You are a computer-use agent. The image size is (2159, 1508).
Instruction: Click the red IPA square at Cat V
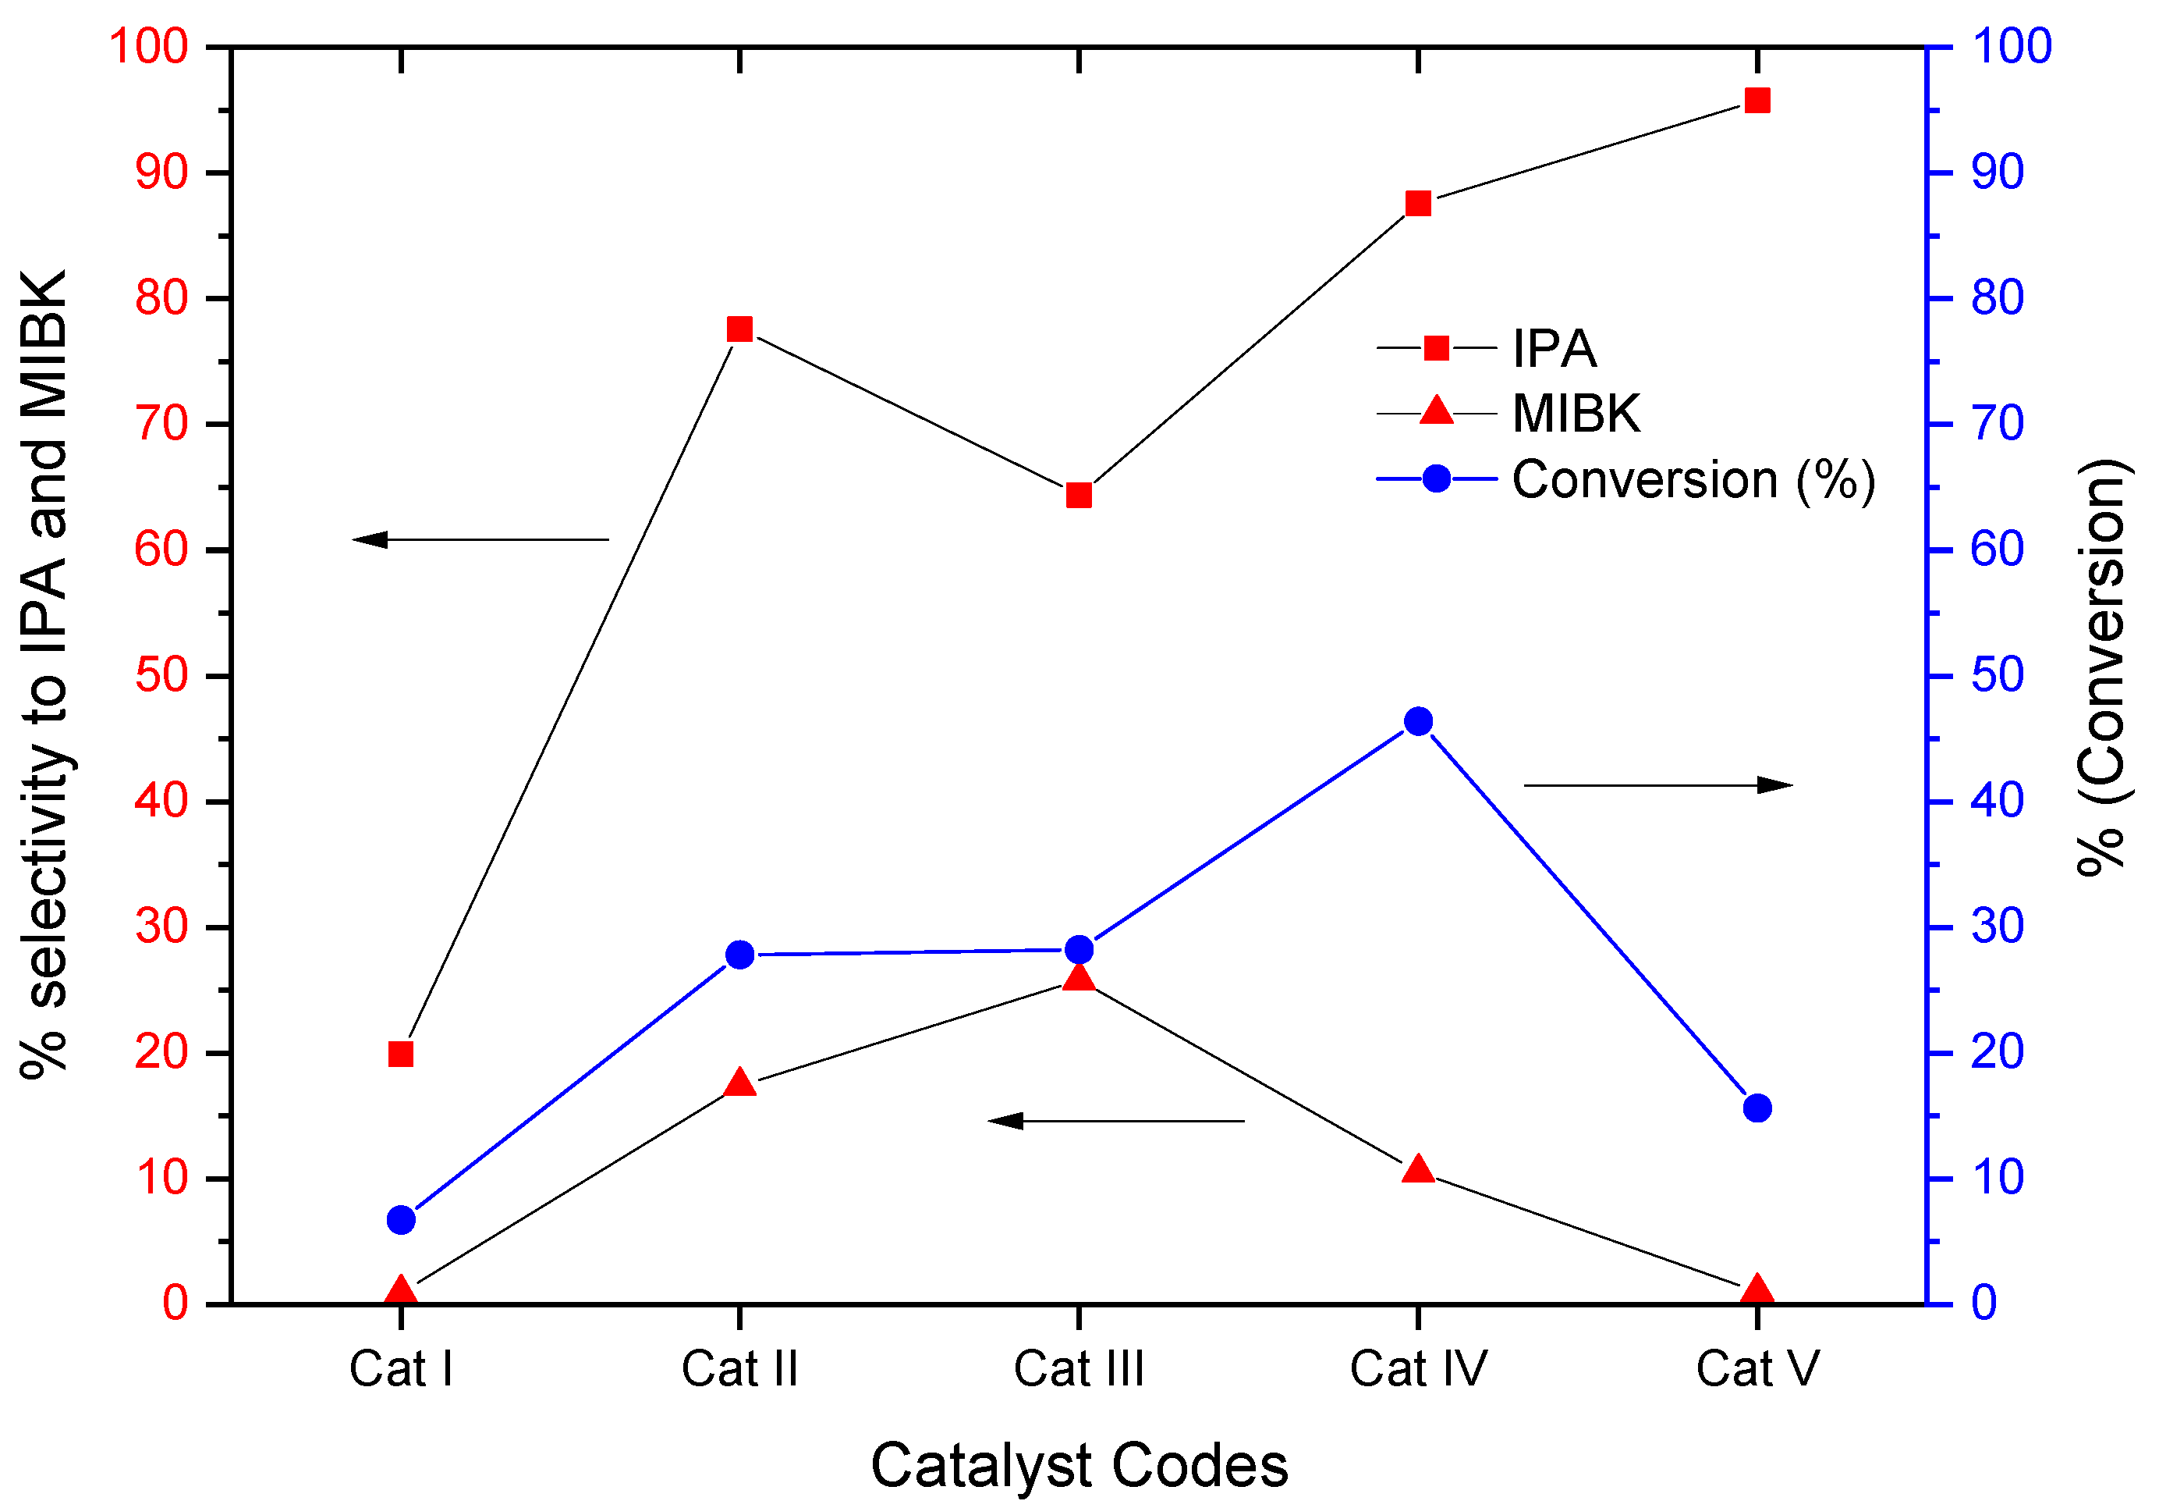(1757, 101)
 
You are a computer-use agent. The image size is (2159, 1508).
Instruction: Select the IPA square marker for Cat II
(739, 329)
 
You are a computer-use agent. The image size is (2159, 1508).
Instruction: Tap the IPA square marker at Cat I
(401, 1054)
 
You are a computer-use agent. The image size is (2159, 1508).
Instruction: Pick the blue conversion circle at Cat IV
(1418, 721)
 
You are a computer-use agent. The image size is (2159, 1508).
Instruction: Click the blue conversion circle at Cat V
(1757, 1108)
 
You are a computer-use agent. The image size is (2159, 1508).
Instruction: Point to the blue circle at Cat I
(401, 1220)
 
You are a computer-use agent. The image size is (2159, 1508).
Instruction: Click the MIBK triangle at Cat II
(739, 1083)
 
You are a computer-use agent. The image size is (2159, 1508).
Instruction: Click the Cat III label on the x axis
(1079, 1369)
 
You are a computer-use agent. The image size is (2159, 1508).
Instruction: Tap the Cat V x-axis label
(1757, 1369)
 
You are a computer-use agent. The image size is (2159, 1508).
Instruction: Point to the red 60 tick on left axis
(161, 550)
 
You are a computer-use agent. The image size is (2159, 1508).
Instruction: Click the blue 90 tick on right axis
(1998, 172)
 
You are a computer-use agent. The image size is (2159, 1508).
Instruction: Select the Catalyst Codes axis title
(1079, 1466)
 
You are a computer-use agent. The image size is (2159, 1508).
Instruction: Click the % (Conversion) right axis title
(2101, 668)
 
